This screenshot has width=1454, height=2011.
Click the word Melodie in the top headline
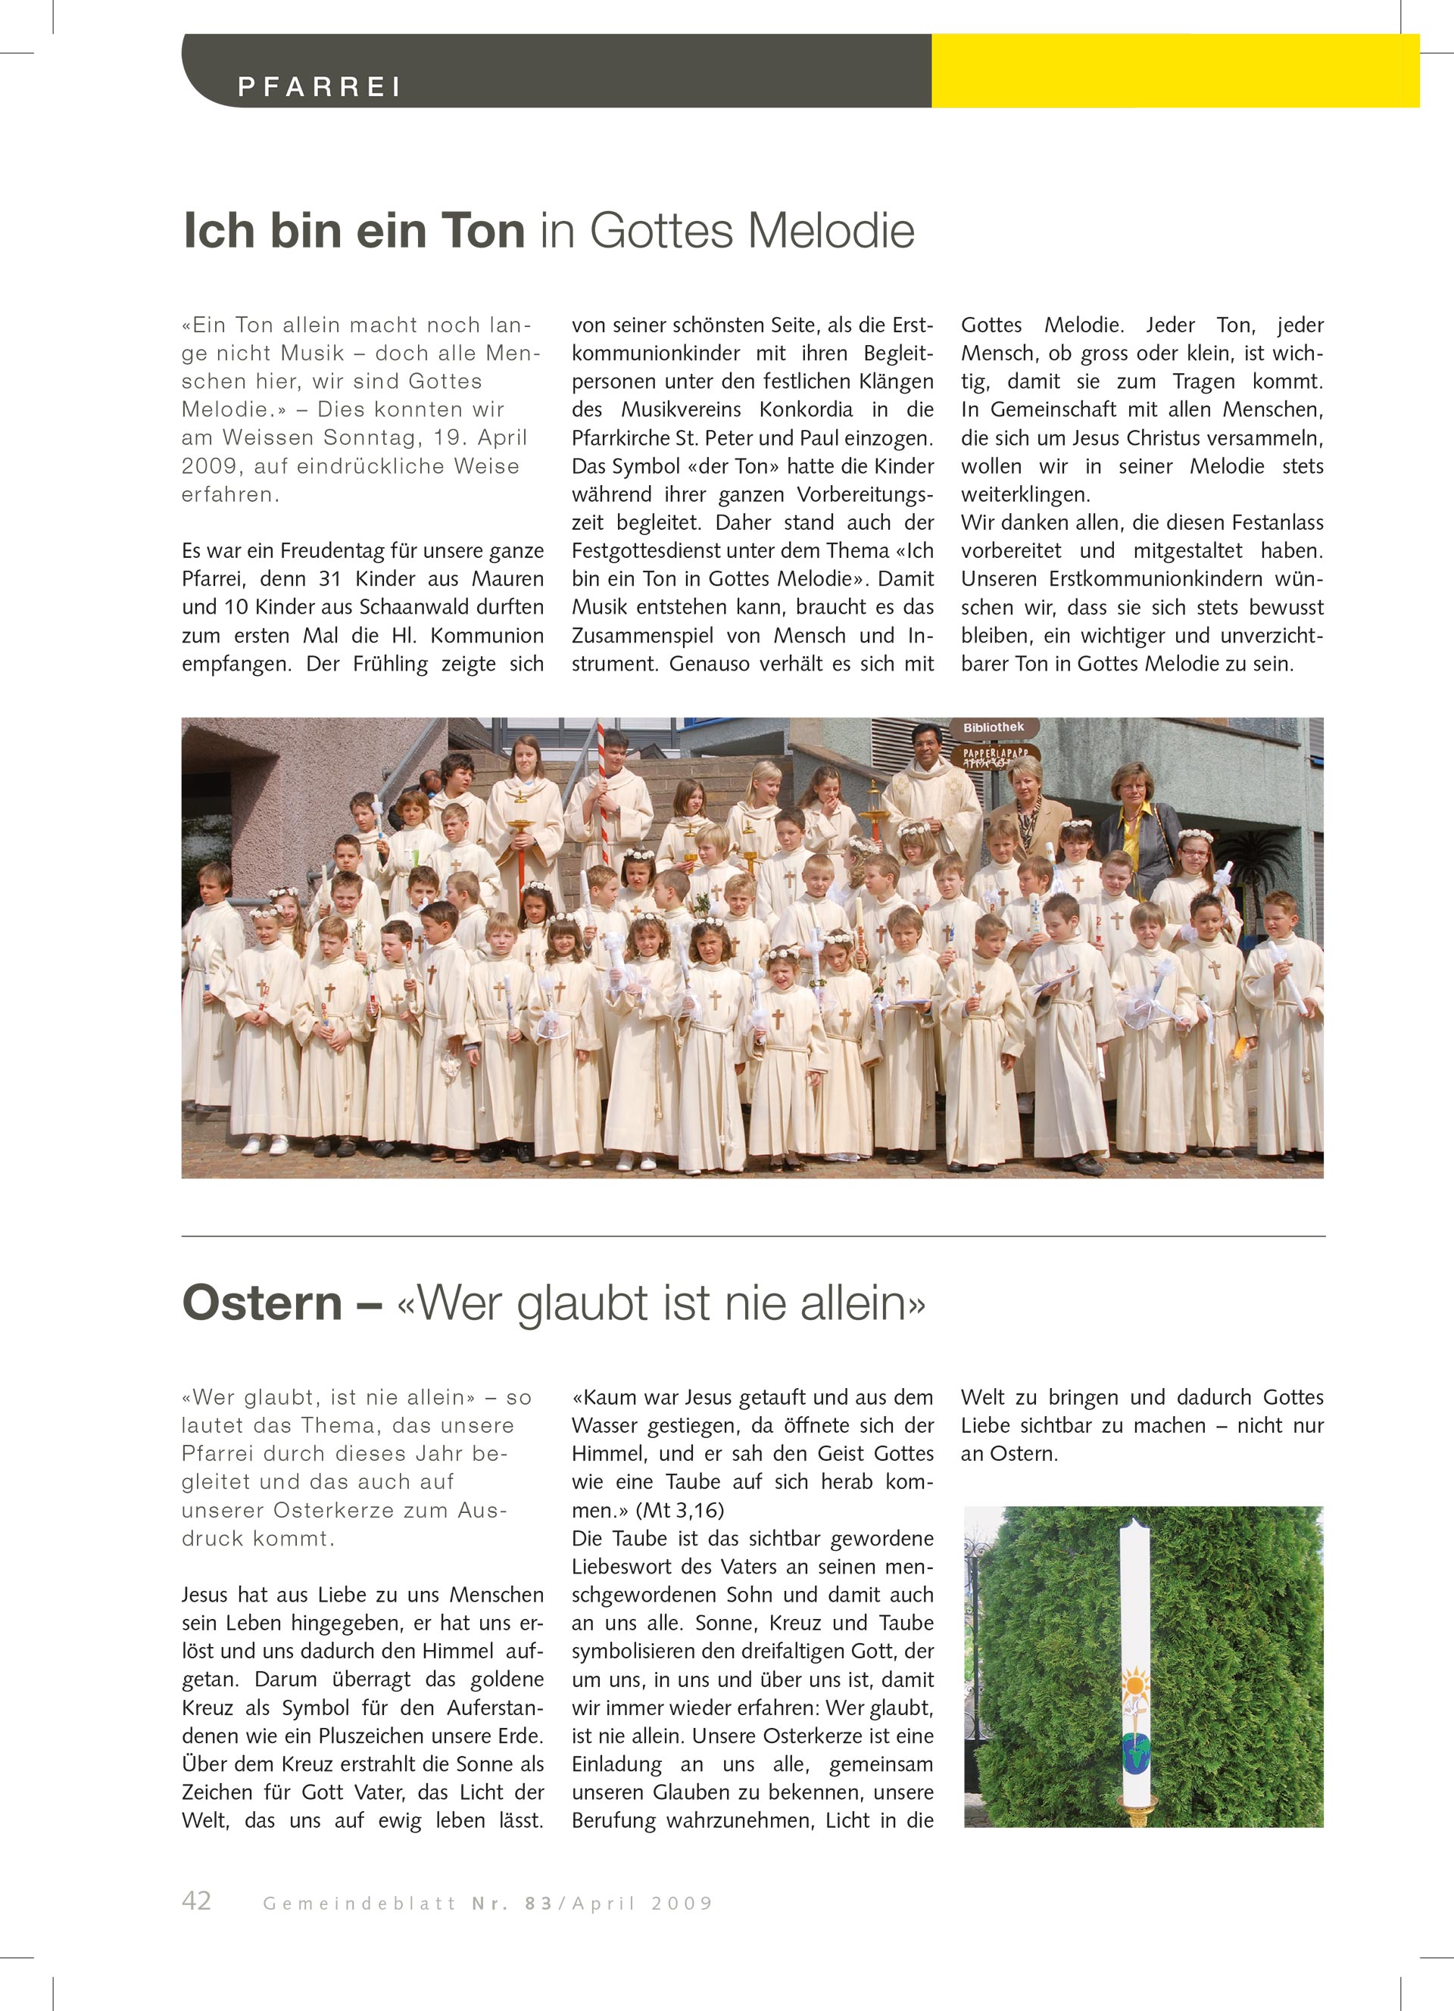pos(832,232)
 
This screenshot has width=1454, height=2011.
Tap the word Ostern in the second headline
pos(263,1303)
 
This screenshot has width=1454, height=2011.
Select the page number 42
pos(196,1900)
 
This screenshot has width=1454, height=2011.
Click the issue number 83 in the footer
pos(538,1904)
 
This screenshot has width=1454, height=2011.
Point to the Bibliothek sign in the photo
pos(994,727)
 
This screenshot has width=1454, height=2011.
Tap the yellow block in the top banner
pos(1175,71)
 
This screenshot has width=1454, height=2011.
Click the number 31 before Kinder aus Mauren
pos(330,579)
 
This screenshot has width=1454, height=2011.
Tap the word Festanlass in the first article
pos(1273,522)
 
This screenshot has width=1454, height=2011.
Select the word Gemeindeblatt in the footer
pos(359,1904)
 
